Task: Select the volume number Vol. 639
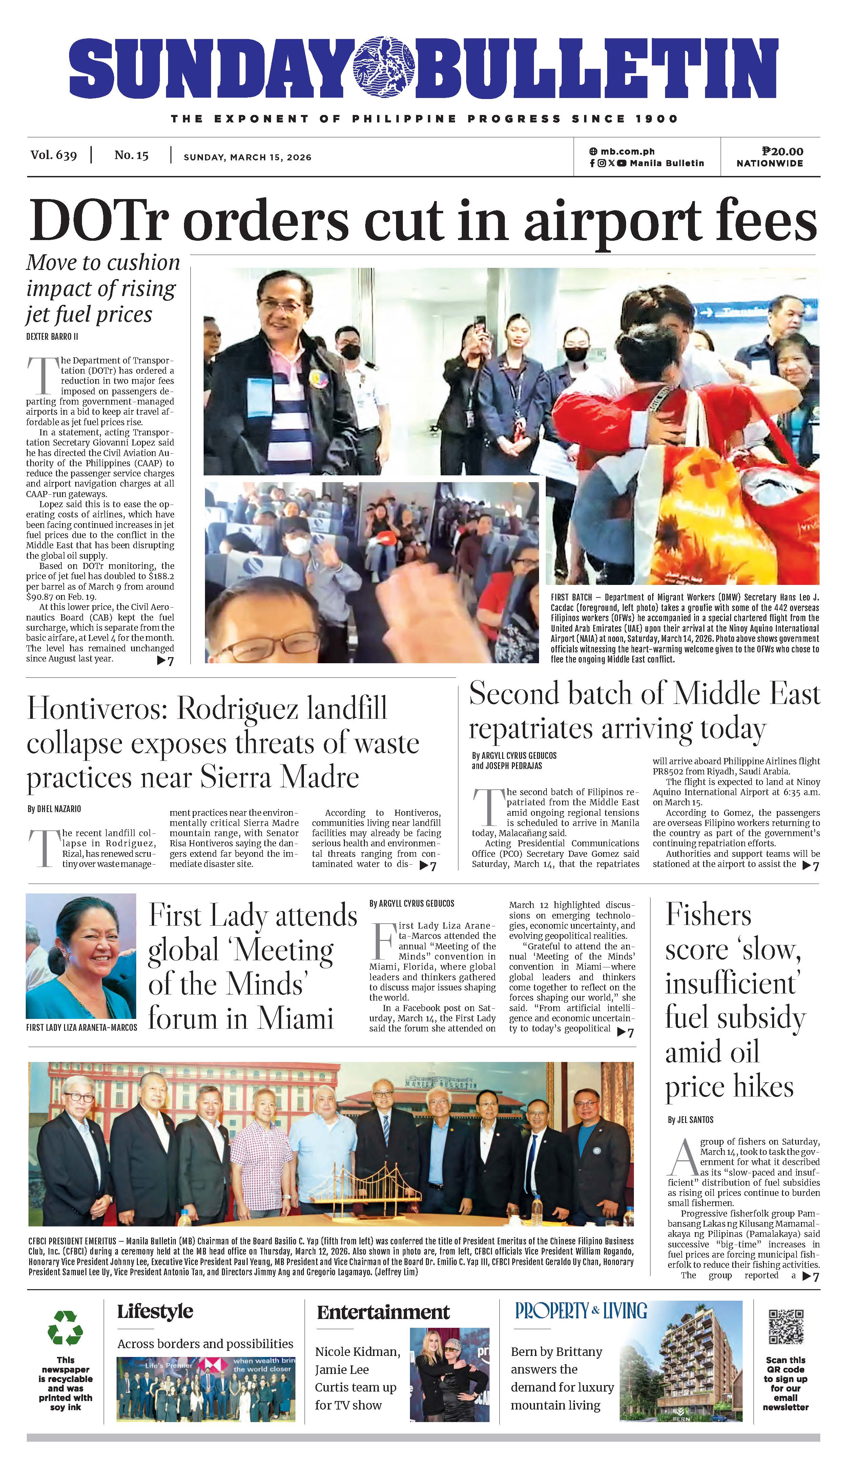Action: pyautogui.click(x=54, y=155)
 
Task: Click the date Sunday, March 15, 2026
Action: pyautogui.click(x=247, y=157)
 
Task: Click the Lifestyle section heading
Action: pyautogui.click(x=155, y=1312)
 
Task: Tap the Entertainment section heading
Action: pyautogui.click(x=383, y=1312)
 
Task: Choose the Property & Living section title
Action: pyautogui.click(x=581, y=1311)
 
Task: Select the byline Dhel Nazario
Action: pyautogui.click(x=54, y=809)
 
